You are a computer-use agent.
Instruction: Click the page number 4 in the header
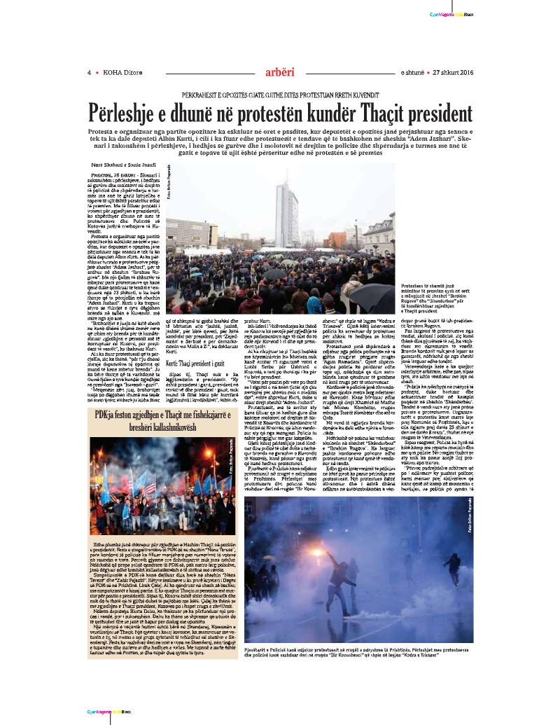89,71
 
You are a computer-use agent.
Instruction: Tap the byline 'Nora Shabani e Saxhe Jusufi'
117,163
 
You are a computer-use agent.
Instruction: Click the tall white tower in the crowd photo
287,203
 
